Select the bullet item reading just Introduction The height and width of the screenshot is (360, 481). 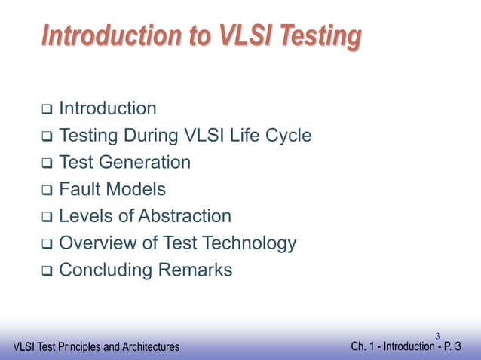[x=107, y=109]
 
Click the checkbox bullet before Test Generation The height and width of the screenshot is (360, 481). [x=45, y=163]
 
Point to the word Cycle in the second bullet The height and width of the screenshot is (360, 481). [x=286, y=136]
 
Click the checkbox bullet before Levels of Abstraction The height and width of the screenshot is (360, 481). [x=45, y=218]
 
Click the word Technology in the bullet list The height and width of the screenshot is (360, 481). [x=248, y=243]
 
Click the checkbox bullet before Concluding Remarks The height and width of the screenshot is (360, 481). [x=45, y=271]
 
